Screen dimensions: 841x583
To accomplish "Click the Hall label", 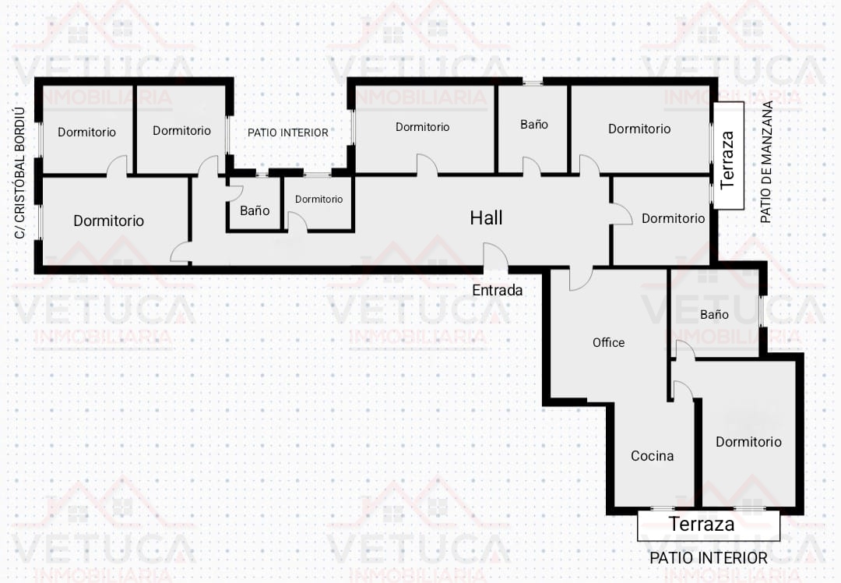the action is tap(486, 218).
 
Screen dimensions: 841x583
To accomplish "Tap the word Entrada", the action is tap(497, 291).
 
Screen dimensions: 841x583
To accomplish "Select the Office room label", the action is tap(608, 342).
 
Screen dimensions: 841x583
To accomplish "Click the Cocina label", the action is tap(652, 456).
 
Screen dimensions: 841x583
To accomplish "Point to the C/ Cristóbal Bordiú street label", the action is tap(19, 173).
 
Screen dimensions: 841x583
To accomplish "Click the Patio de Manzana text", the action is tap(766, 162).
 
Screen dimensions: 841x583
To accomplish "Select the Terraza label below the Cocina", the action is tap(702, 524).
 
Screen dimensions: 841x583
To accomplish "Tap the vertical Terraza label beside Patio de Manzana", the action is tap(727, 160).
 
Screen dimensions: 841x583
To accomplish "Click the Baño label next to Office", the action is tap(714, 315).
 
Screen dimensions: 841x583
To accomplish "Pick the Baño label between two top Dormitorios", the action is tap(533, 125).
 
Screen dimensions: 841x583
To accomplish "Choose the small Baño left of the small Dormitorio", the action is tap(254, 210).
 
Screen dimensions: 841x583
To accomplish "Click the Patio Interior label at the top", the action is tap(287, 132).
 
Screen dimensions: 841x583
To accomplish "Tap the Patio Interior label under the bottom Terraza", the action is tap(708, 558).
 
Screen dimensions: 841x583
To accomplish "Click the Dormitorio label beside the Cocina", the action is tap(748, 442).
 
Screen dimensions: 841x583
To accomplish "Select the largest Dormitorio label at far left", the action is tap(108, 221).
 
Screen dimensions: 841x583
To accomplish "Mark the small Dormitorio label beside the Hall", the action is tap(318, 200).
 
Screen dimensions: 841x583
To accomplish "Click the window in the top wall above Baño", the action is tap(533, 82).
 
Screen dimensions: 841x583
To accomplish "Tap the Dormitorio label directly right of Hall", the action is tap(673, 218).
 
